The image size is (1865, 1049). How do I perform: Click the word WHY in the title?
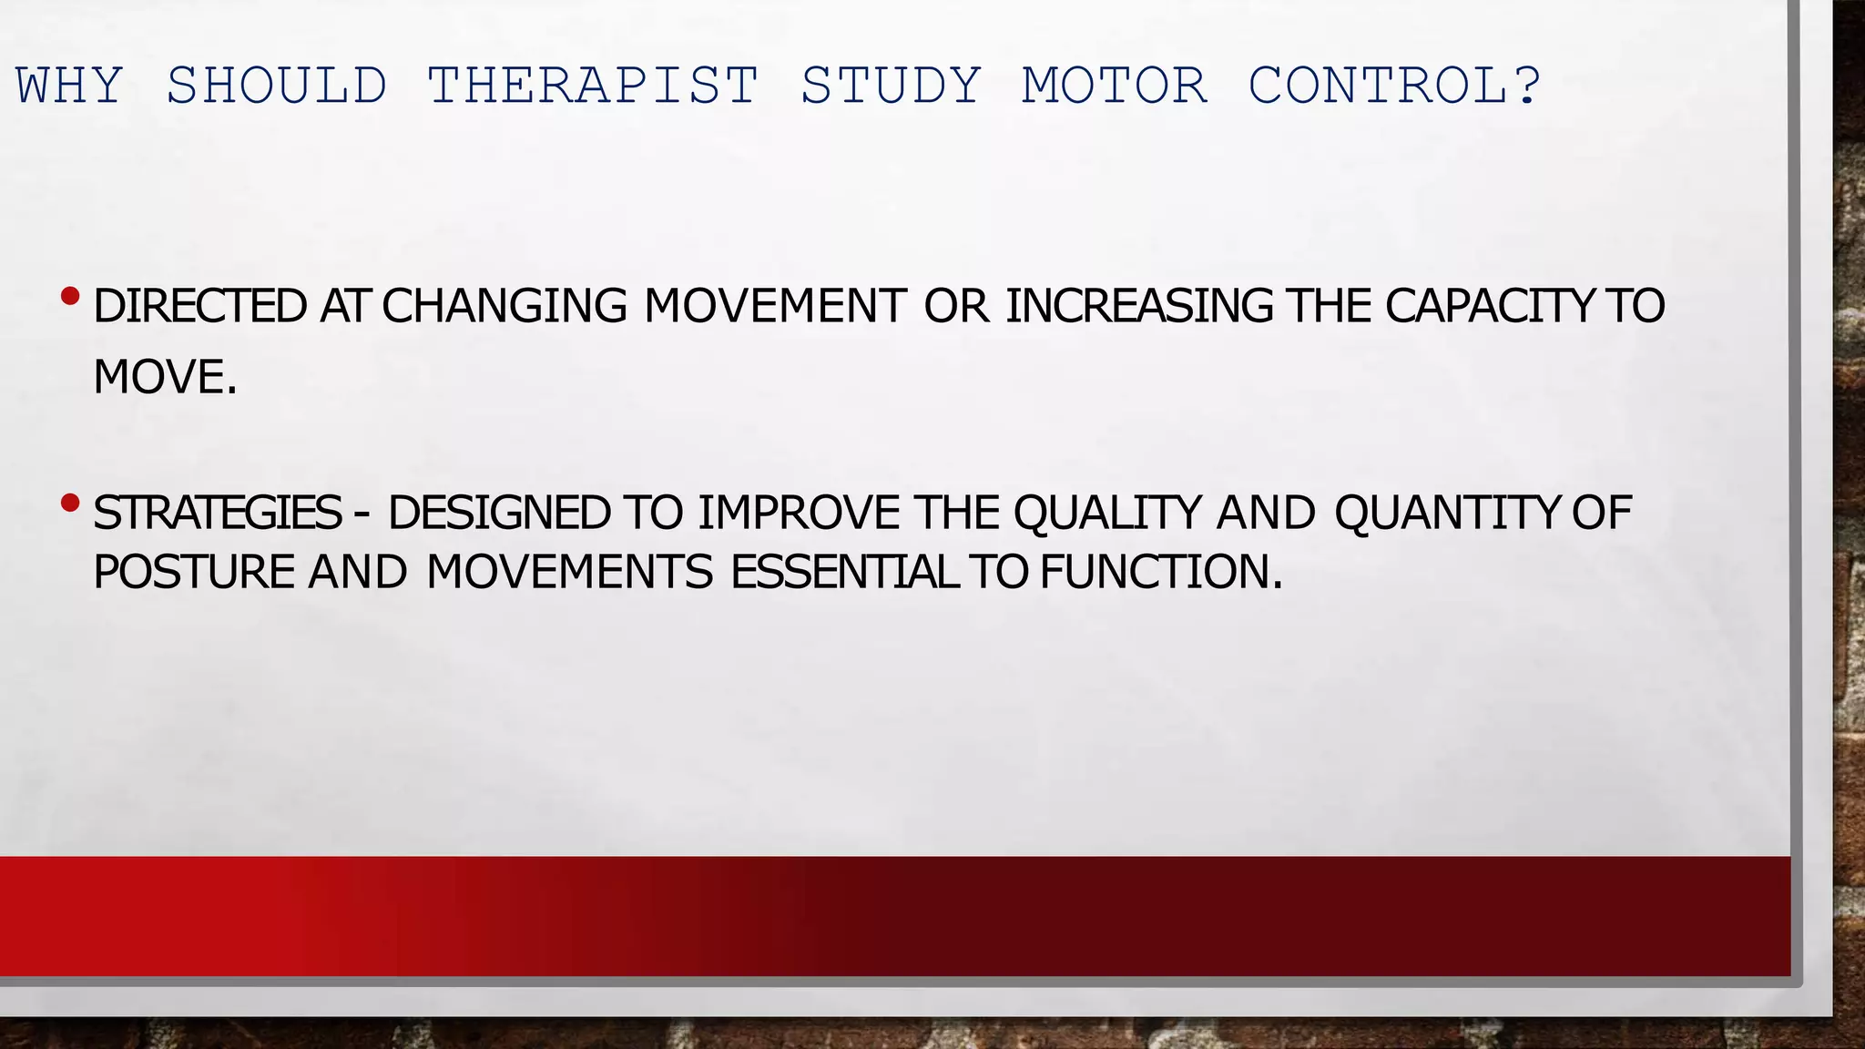pyautogui.click(x=70, y=87)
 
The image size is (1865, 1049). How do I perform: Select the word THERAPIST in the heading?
pyautogui.click(x=593, y=87)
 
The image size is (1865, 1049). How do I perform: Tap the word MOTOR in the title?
pyautogui.click(x=1115, y=87)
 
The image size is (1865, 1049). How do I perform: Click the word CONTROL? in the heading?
pyautogui.click(x=1394, y=87)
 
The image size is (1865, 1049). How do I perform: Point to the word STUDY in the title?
pyautogui.click(x=891, y=87)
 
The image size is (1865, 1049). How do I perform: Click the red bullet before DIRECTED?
pyautogui.click(x=70, y=296)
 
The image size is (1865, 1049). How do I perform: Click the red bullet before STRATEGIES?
pyautogui.click(x=70, y=503)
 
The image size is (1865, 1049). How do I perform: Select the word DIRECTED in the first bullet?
pyautogui.click(x=199, y=306)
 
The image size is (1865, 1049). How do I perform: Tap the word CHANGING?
pyautogui.click(x=504, y=306)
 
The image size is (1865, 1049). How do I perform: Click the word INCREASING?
pyautogui.click(x=1139, y=306)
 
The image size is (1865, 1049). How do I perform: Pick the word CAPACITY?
pyautogui.click(x=1490, y=306)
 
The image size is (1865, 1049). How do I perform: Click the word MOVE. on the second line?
pyautogui.click(x=165, y=377)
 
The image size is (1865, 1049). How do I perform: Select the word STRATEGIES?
pyautogui.click(x=217, y=513)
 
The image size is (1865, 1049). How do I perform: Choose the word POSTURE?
pyautogui.click(x=194, y=573)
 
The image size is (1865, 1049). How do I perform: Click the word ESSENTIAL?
pyautogui.click(x=844, y=573)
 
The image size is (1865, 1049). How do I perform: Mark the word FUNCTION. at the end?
pyautogui.click(x=1161, y=573)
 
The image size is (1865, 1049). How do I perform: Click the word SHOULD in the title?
pyautogui.click(x=277, y=87)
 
